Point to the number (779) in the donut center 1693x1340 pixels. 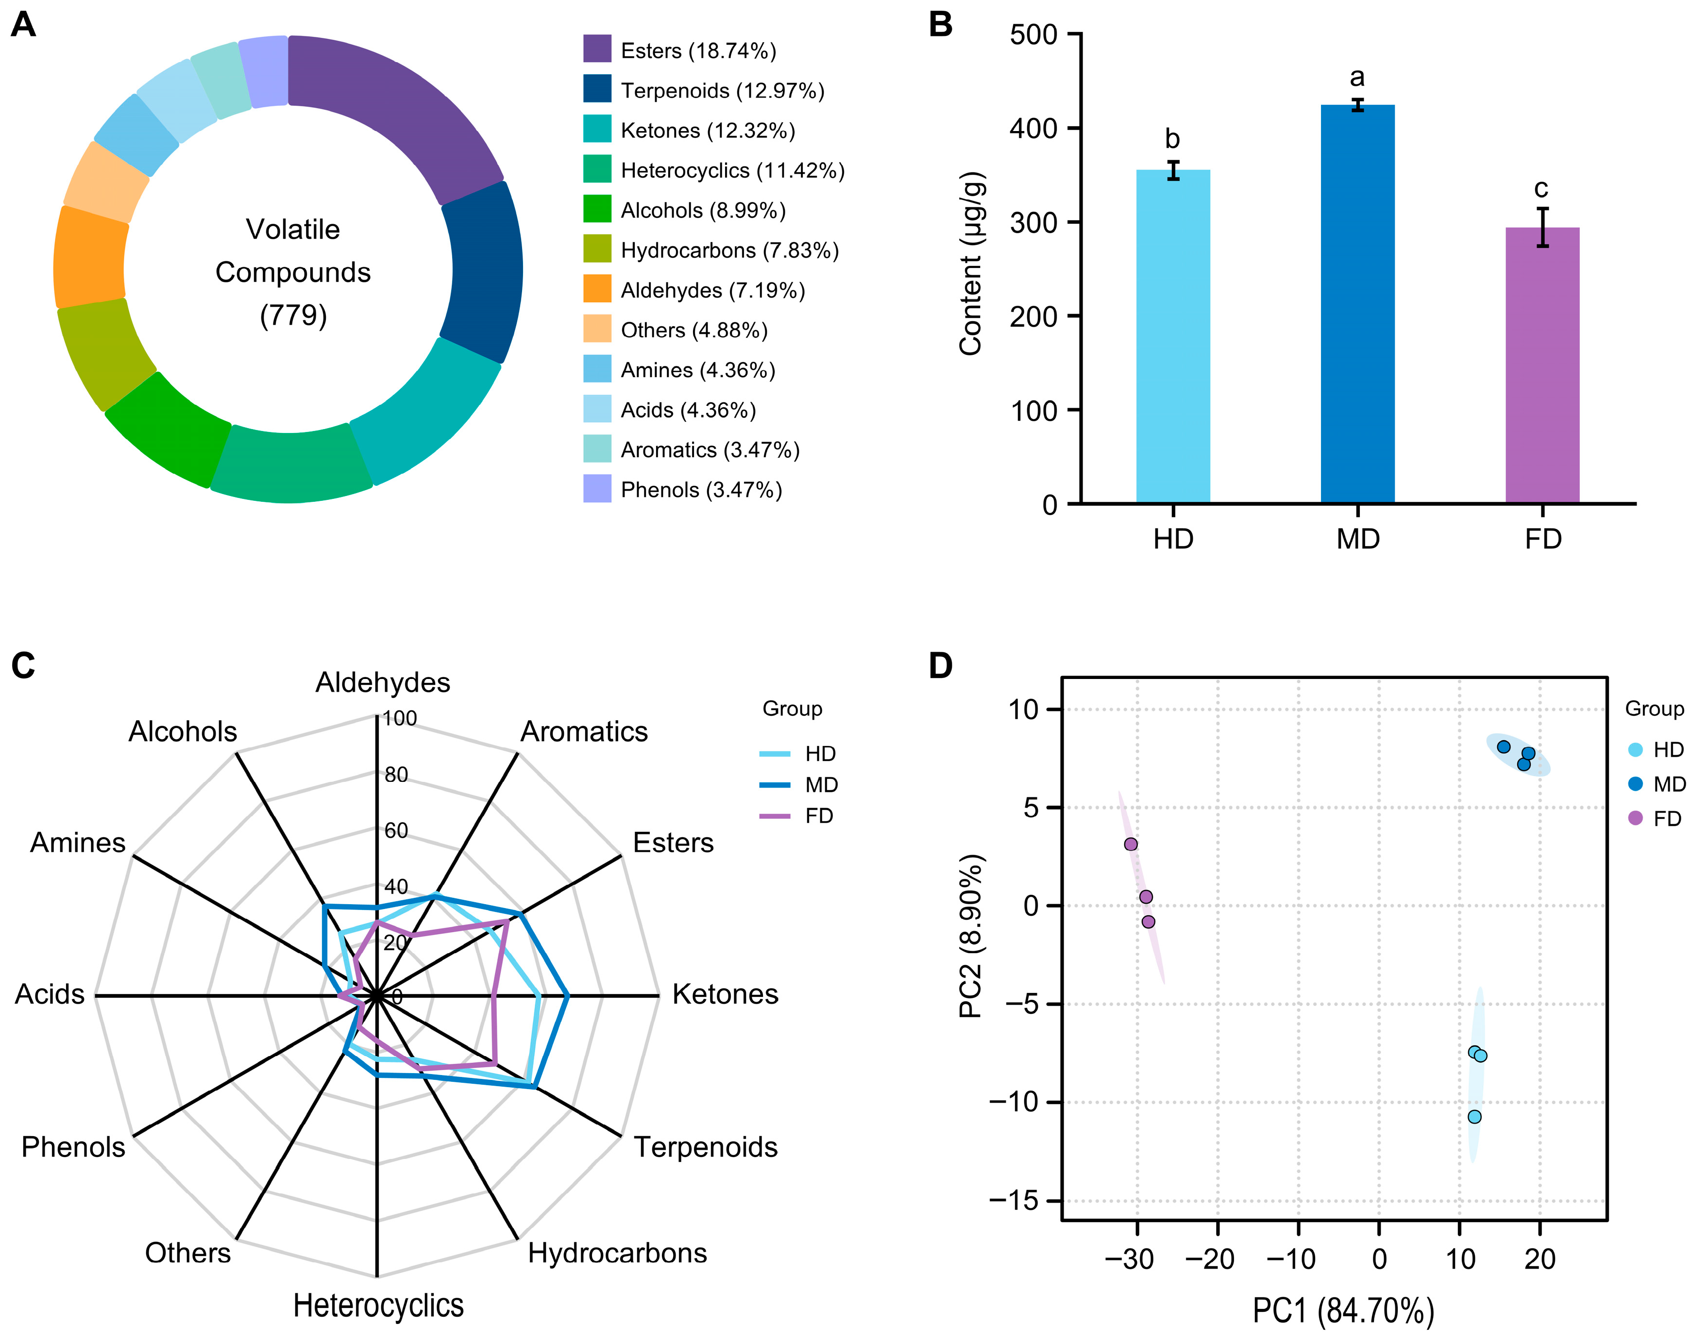(x=293, y=315)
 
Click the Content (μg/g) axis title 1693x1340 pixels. (x=971, y=263)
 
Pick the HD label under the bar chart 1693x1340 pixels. (x=1173, y=540)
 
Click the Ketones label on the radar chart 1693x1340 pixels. (x=725, y=994)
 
